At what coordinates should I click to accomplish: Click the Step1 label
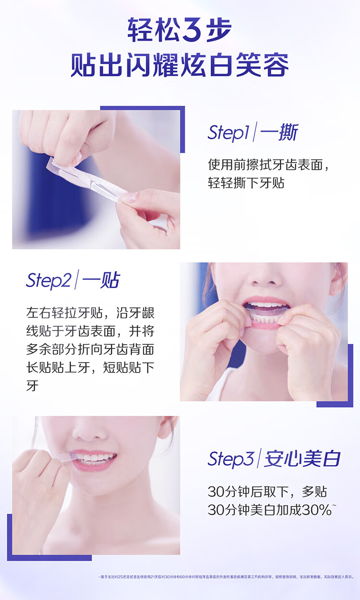point(228,132)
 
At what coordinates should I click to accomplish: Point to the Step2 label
point(48,280)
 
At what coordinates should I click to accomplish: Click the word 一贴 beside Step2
point(100,280)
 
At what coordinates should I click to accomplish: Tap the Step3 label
point(230,459)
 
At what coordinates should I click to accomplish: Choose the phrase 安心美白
point(302,459)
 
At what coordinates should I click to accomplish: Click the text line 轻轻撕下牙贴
point(246,183)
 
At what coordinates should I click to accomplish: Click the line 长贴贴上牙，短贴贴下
point(90,367)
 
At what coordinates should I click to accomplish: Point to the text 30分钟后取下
point(248,491)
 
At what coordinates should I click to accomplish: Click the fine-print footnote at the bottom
point(226,577)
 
